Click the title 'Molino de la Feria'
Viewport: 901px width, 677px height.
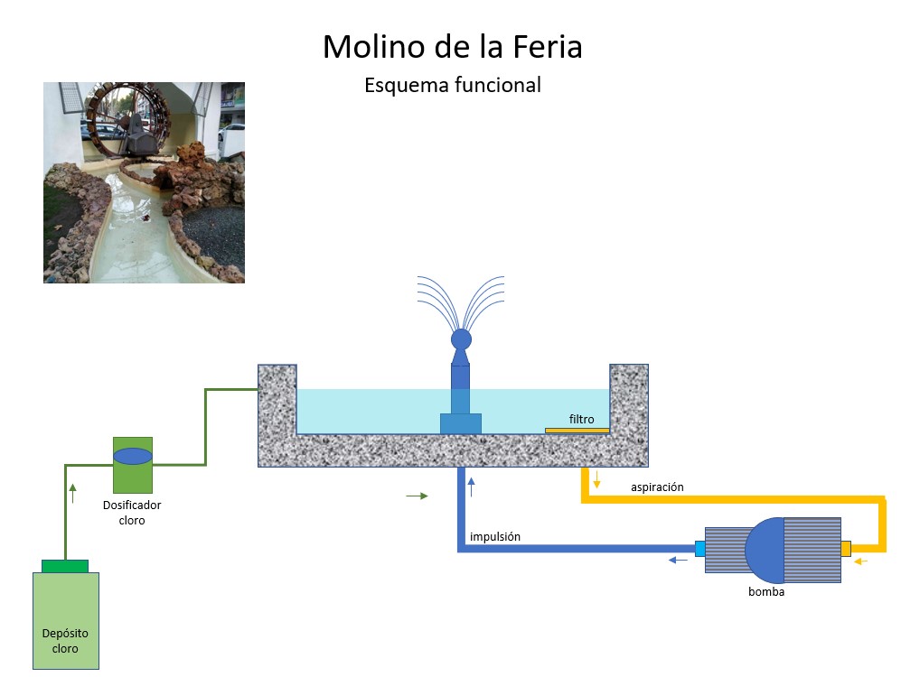pyautogui.click(x=452, y=47)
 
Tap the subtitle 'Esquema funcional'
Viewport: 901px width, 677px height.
pyautogui.click(x=452, y=86)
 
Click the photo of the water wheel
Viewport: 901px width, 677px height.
pyautogui.click(x=144, y=182)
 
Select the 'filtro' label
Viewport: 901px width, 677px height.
pyautogui.click(x=581, y=419)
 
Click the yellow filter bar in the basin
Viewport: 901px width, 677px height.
pyautogui.click(x=577, y=431)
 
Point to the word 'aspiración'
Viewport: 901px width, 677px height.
pyautogui.click(x=657, y=487)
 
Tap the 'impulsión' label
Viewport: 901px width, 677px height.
pyautogui.click(x=495, y=537)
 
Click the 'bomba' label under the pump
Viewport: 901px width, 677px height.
pyautogui.click(x=766, y=592)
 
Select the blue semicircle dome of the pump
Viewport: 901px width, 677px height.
pyautogui.click(x=765, y=550)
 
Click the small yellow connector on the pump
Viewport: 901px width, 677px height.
pyautogui.click(x=846, y=549)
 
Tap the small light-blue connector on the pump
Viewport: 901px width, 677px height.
pyautogui.click(x=699, y=548)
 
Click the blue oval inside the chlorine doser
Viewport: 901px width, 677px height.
pyautogui.click(x=133, y=457)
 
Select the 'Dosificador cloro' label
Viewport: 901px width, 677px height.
pyautogui.click(x=132, y=513)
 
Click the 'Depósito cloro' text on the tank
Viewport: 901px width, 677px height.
pyautogui.click(x=65, y=641)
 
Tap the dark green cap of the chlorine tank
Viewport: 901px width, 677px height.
pyautogui.click(x=65, y=566)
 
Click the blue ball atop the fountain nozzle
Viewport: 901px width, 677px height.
pyautogui.click(x=461, y=339)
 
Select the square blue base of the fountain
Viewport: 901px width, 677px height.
pyautogui.click(x=461, y=422)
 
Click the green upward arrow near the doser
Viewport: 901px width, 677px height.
pyautogui.click(x=73, y=493)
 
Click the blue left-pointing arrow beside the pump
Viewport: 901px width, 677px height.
pyautogui.click(x=677, y=561)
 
